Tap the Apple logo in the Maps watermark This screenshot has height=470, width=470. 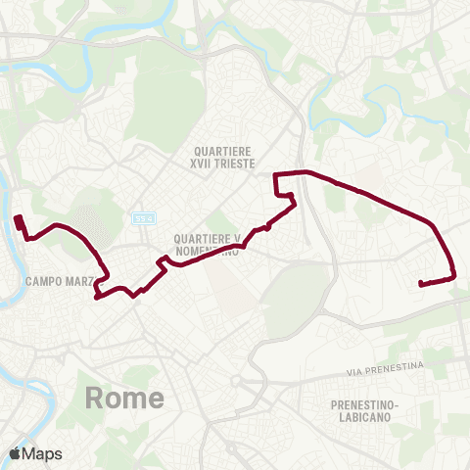point(17,454)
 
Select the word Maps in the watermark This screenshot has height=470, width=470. point(44,454)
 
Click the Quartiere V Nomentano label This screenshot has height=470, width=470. point(207,244)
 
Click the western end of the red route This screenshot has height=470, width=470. point(19,217)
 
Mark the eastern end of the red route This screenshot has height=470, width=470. point(420,284)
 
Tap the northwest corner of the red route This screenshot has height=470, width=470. point(275,174)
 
